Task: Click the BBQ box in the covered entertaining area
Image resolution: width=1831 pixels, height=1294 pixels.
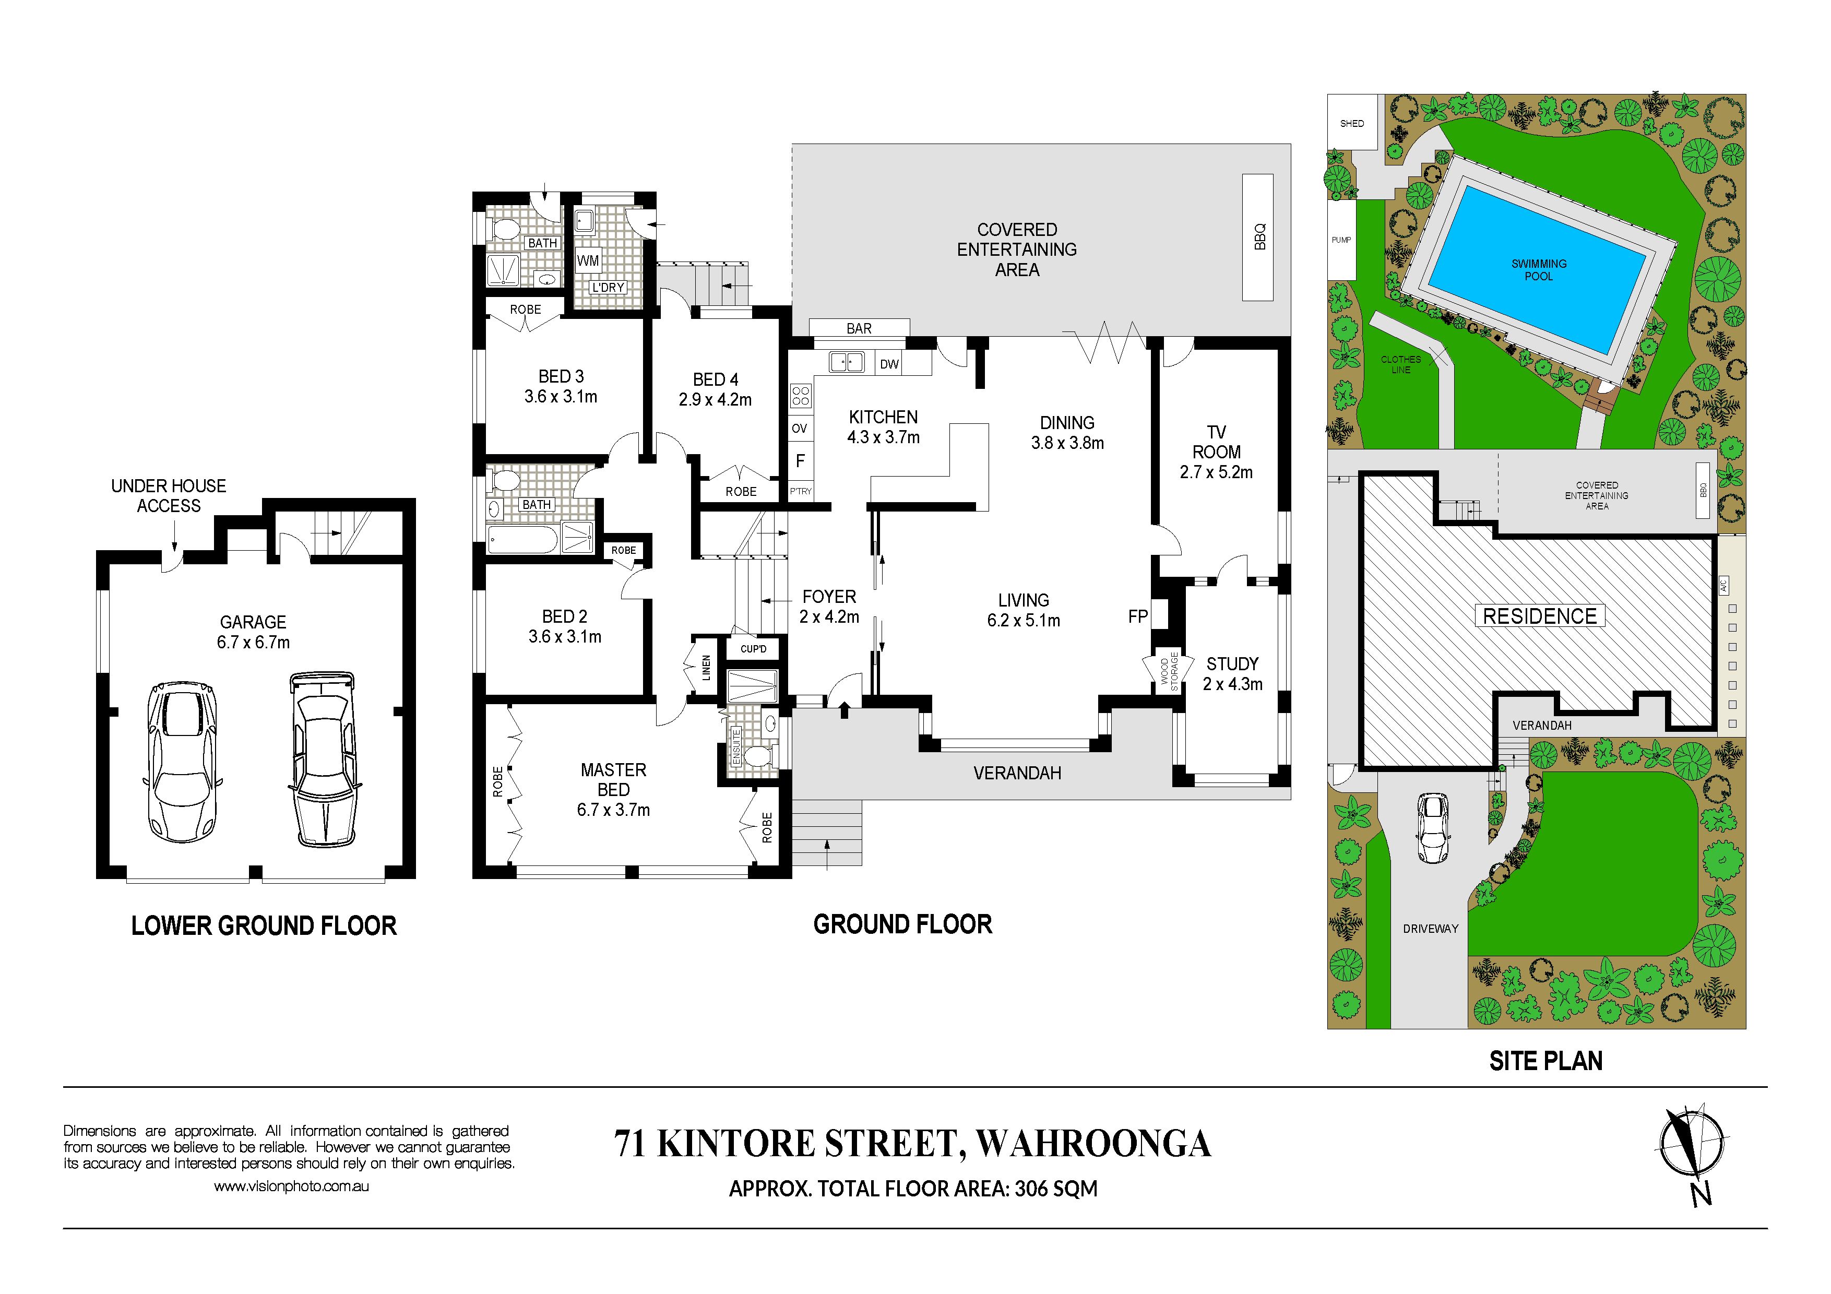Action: click(1257, 238)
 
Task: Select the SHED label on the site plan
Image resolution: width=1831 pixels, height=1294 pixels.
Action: click(1352, 124)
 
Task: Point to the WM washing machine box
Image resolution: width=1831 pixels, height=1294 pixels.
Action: click(588, 260)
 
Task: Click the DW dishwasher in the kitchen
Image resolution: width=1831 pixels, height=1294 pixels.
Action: click(890, 364)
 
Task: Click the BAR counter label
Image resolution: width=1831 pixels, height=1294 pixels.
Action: click(859, 328)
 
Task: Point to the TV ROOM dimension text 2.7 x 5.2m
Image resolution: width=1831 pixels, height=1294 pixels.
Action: click(1216, 472)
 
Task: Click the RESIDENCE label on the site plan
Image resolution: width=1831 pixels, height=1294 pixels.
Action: click(1539, 616)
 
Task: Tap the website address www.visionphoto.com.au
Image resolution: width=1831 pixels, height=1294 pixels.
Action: click(291, 1186)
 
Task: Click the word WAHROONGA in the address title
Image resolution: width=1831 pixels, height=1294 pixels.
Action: click(1093, 1143)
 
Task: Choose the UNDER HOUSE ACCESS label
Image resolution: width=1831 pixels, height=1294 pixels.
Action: click(168, 495)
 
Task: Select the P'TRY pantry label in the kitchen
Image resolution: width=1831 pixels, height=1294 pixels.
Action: click(801, 491)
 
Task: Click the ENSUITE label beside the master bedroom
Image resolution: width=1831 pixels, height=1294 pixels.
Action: click(736, 747)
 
